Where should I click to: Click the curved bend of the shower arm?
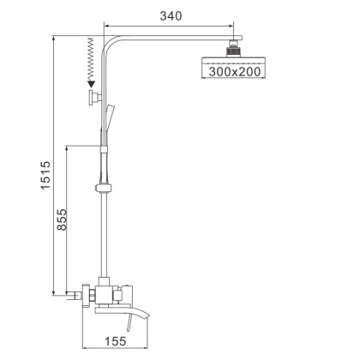tap(110, 42)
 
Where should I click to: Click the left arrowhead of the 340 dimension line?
tap(108, 27)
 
